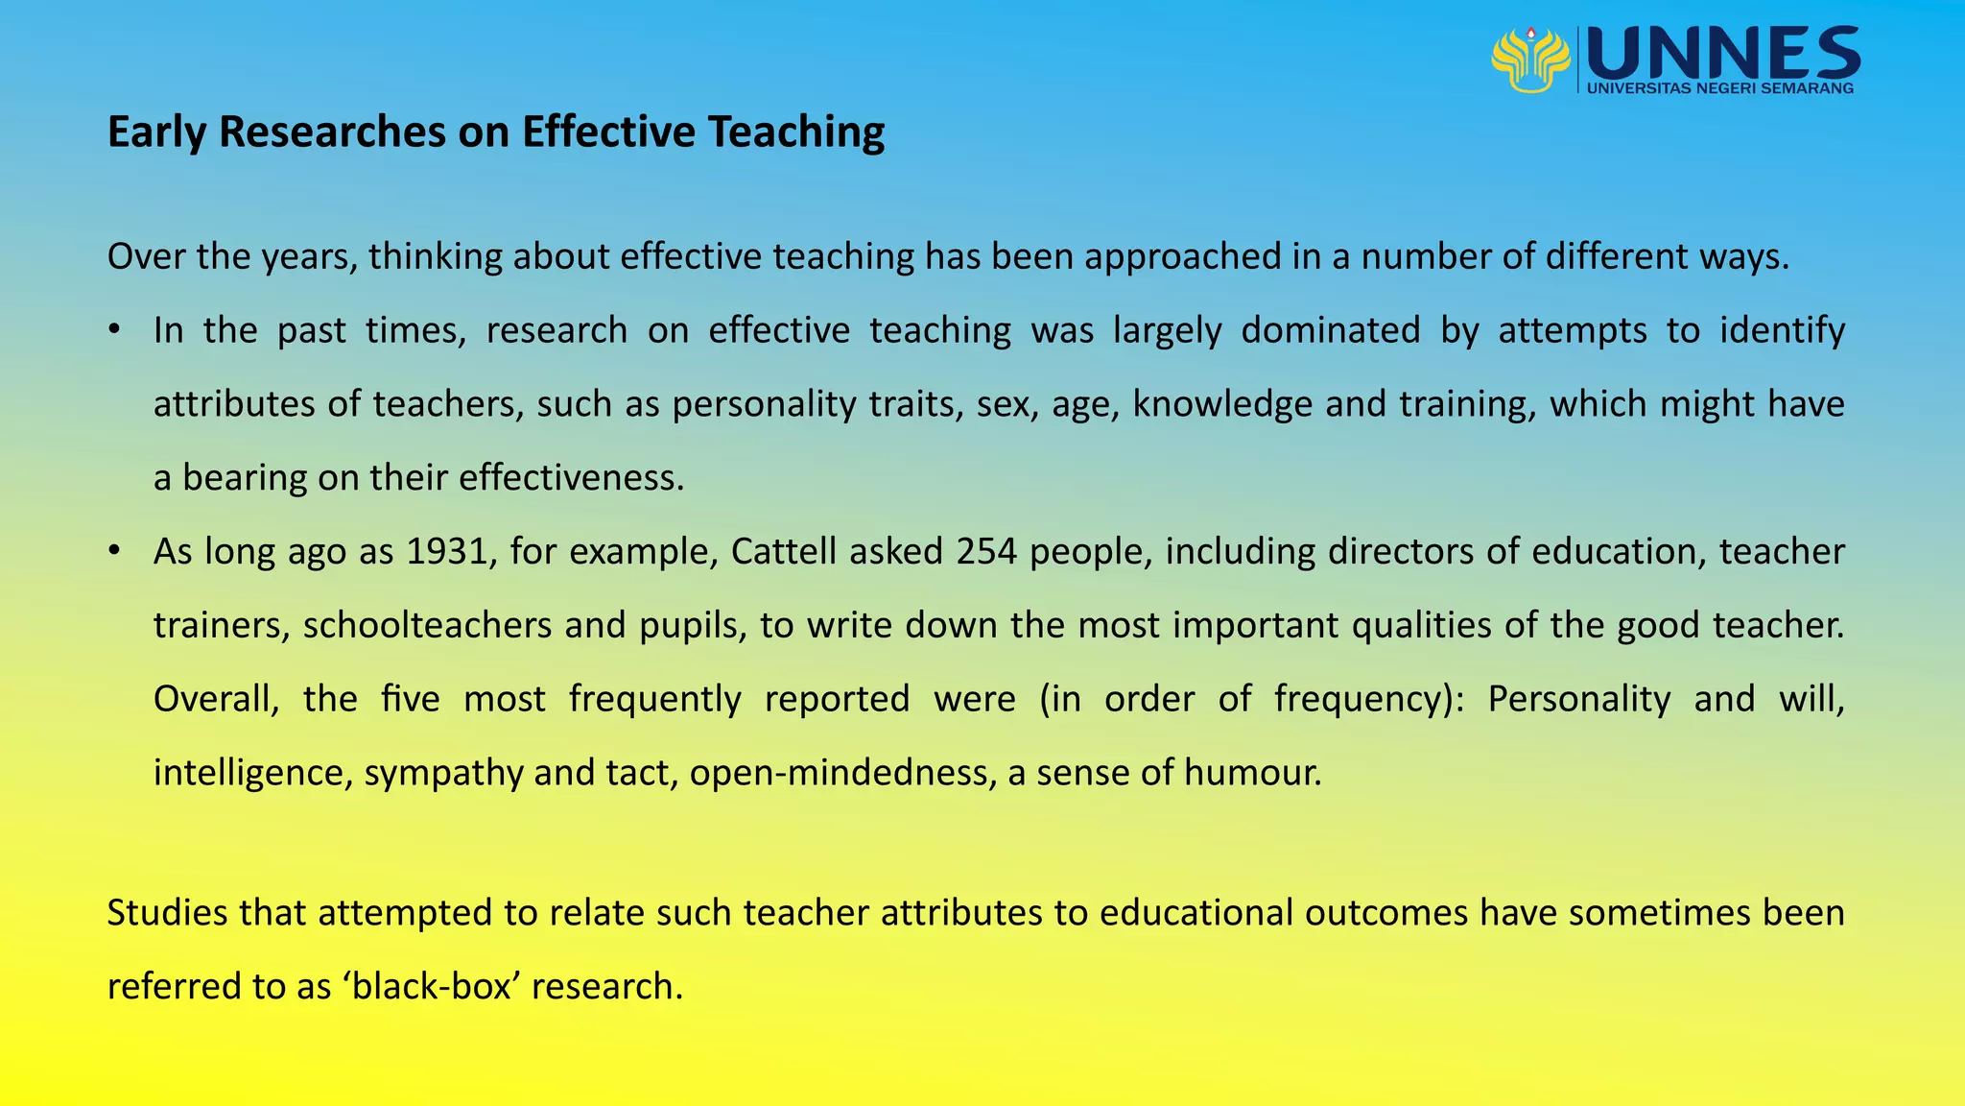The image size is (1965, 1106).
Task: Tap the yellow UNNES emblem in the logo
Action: click(1530, 60)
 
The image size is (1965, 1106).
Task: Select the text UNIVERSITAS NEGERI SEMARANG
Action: click(1720, 88)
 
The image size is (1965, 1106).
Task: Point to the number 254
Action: click(986, 551)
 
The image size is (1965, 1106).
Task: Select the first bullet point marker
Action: click(114, 330)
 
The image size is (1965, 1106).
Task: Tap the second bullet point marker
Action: click(114, 551)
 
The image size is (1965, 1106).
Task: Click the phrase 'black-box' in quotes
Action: click(432, 986)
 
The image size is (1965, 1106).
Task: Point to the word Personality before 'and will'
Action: click(1578, 698)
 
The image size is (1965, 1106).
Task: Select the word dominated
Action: click(1330, 330)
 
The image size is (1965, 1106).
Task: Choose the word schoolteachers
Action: click(428, 625)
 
